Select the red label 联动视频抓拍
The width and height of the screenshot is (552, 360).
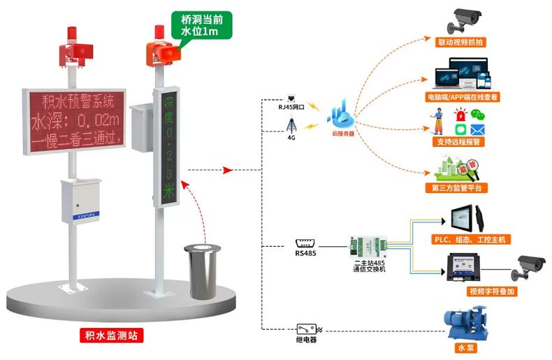pos(460,43)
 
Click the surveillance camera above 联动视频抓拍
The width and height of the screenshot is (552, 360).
pos(464,20)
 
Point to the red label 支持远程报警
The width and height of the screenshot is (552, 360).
pos(460,141)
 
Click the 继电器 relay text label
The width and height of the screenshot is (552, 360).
pos(306,340)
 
